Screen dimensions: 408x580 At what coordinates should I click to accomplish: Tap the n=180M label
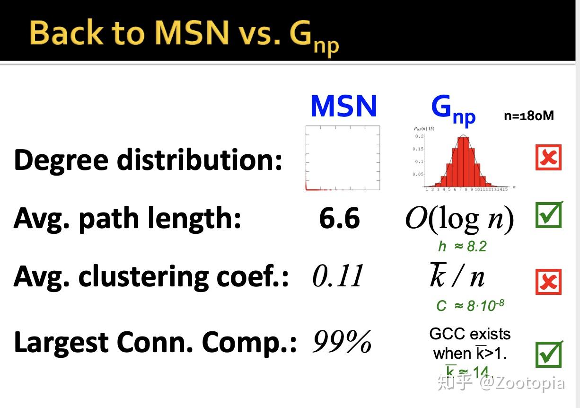[528, 115]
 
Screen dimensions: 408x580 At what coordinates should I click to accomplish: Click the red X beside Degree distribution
[548, 158]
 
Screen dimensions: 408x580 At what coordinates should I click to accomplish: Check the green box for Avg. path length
[548, 215]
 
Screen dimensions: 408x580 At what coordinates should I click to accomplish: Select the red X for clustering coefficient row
[548, 282]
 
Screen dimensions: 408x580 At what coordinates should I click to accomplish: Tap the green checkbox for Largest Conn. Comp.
[548, 355]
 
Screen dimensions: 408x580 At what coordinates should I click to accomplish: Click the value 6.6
[339, 219]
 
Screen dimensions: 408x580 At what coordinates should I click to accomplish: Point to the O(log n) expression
[459, 220]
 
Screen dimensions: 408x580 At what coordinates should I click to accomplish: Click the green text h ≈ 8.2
[462, 246]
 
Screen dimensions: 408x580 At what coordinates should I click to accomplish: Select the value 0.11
[338, 276]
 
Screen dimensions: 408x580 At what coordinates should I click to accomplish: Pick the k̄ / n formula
[457, 276]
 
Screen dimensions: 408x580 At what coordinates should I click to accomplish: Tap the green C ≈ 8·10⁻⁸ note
[470, 305]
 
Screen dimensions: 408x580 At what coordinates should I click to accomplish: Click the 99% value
[342, 342]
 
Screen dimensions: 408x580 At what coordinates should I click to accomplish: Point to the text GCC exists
[470, 334]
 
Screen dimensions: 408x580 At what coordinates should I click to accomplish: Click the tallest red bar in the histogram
[464, 161]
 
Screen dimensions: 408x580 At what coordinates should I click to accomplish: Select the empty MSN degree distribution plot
[343, 158]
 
